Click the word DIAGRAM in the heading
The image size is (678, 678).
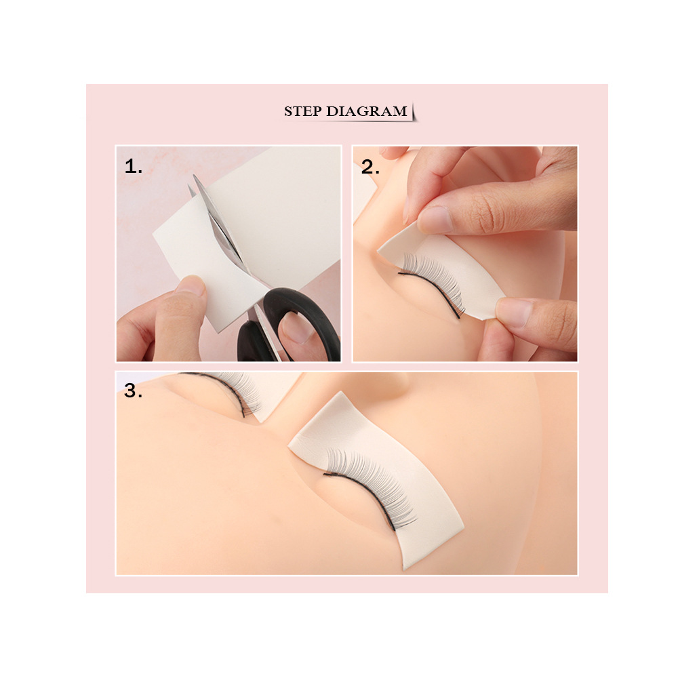(367, 111)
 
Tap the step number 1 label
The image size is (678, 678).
(133, 167)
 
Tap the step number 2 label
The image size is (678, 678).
(370, 167)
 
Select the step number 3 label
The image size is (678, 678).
(133, 391)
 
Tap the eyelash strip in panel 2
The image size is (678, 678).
(433, 281)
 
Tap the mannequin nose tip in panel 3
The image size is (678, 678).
(389, 380)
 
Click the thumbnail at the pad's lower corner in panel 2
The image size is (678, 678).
(514, 311)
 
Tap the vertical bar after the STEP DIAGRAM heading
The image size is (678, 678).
(414, 111)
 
